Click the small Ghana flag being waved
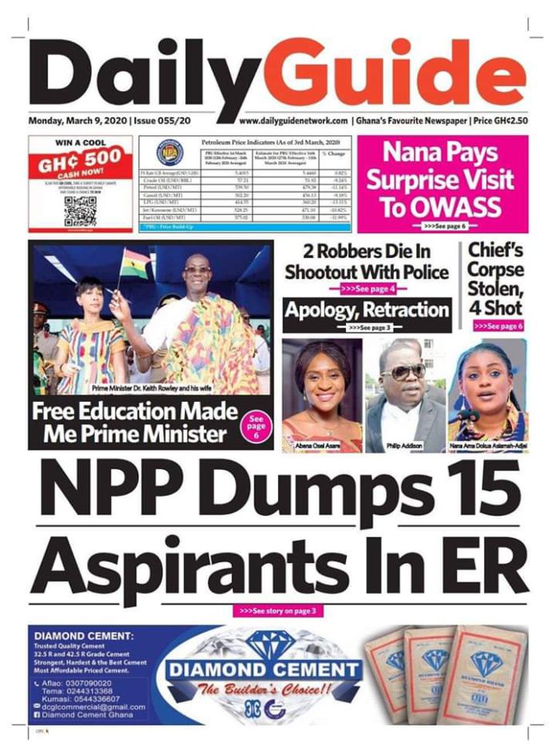click(135, 263)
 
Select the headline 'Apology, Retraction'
click(367, 310)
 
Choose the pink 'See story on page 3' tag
click(278, 611)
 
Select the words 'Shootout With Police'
click(367, 272)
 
